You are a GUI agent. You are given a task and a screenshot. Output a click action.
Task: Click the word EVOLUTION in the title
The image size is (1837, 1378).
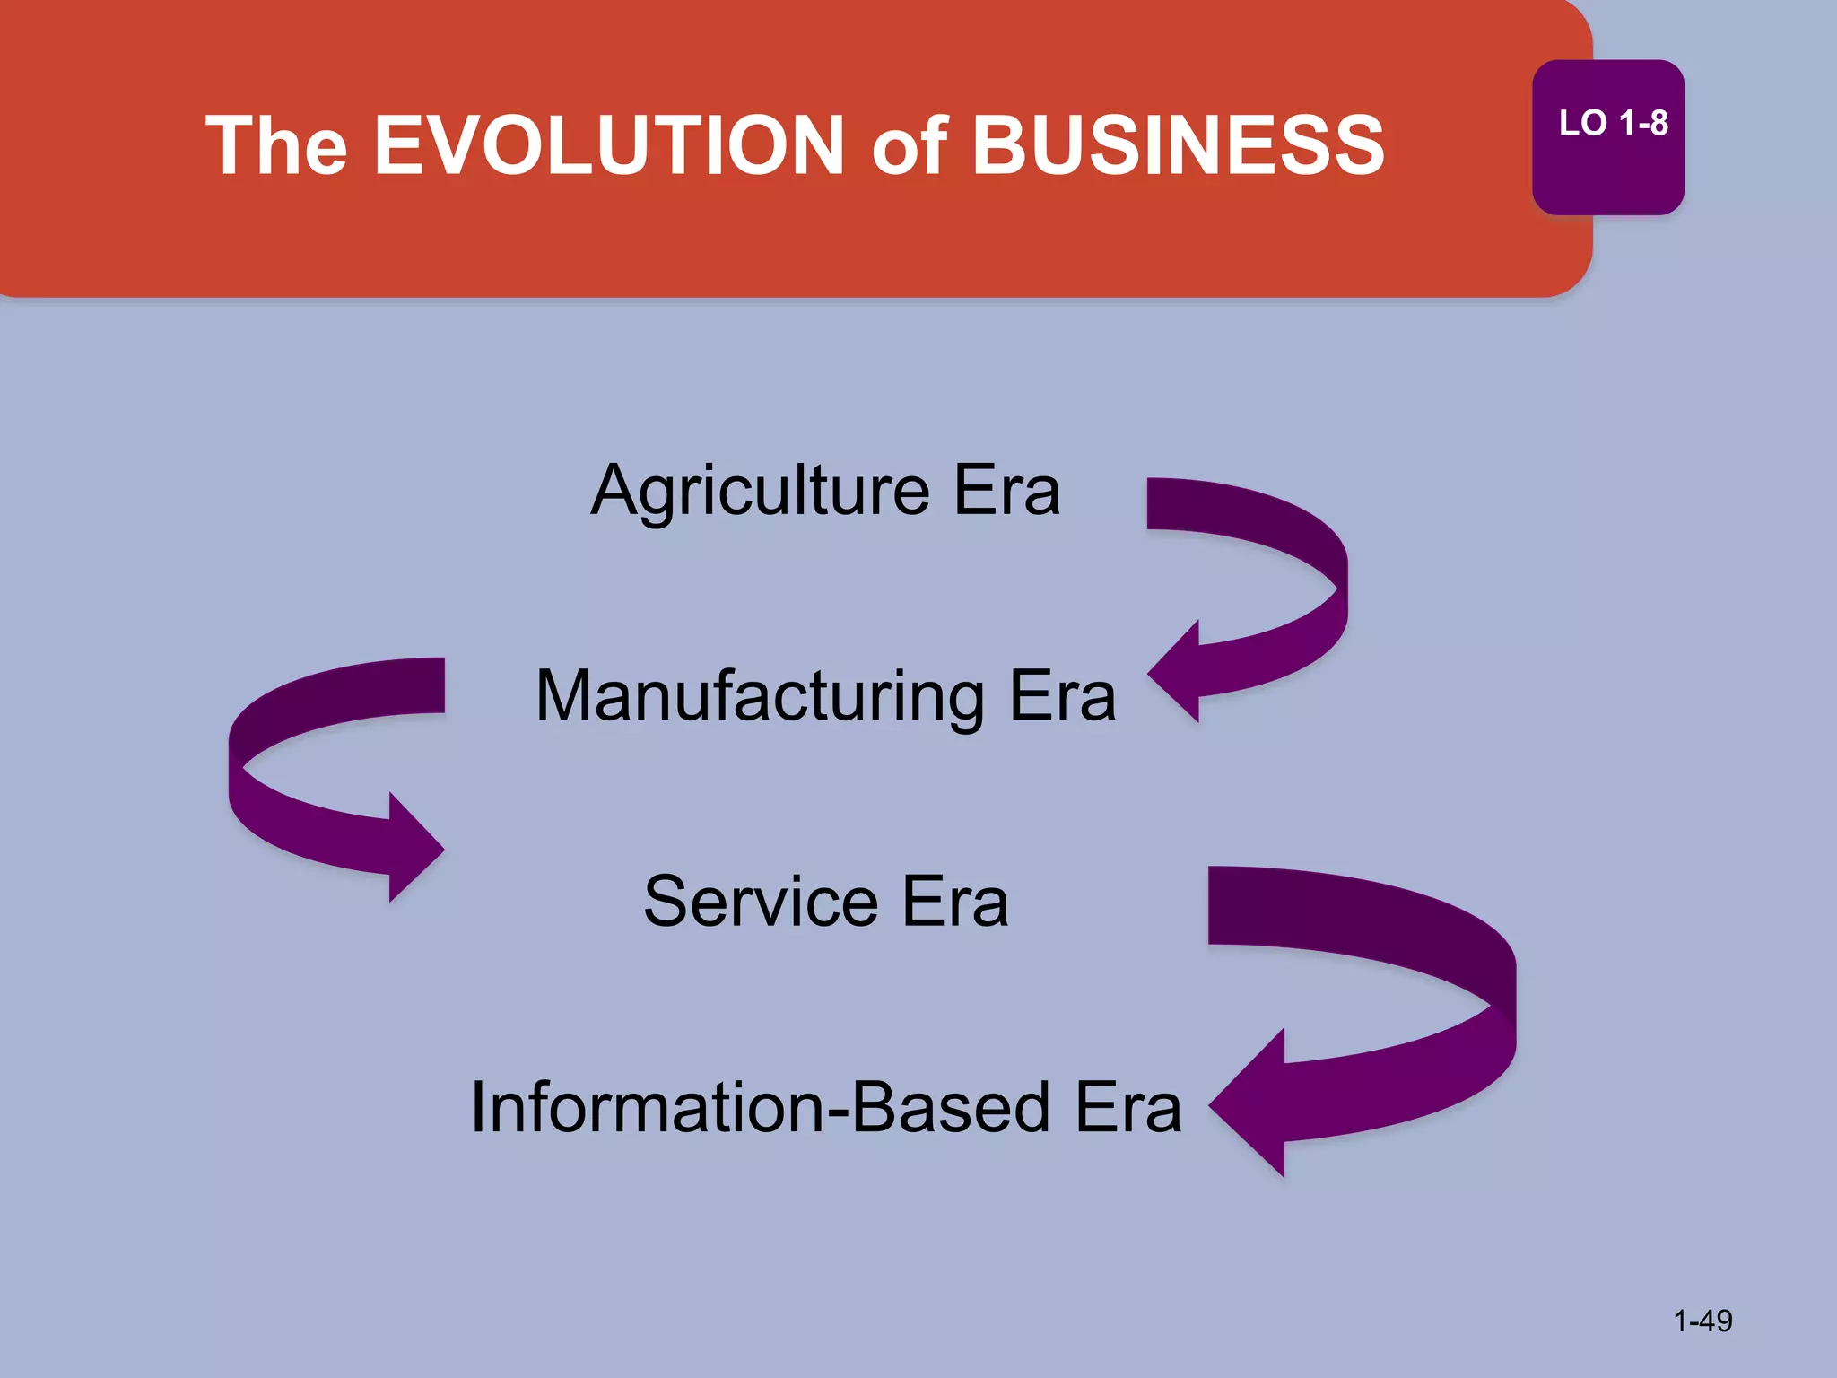pos(609,145)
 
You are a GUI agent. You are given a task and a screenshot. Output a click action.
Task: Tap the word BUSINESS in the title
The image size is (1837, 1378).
pos(1179,145)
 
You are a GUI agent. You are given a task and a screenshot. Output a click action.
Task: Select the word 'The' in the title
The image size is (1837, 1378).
pos(276,145)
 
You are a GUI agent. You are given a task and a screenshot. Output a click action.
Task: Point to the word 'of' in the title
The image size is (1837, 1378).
pos(909,147)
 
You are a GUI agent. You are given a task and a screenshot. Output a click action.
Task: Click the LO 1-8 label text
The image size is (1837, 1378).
pos(1613,124)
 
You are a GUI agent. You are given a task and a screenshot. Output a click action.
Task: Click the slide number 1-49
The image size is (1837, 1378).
pos(1702,1321)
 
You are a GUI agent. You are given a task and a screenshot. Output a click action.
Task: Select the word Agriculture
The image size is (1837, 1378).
pos(761,492)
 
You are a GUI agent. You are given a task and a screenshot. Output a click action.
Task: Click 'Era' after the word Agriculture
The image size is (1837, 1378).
pos(1006,491)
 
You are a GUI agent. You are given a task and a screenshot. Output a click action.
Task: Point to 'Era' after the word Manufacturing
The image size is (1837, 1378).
pos(1063,696)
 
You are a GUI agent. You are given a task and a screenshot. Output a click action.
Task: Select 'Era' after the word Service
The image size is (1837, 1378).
pos(955,902)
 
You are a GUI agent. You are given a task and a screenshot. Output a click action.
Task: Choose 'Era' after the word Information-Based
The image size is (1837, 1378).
pos(1128,1108)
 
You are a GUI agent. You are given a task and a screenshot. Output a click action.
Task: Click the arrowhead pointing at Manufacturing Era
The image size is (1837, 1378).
pos(1177,672)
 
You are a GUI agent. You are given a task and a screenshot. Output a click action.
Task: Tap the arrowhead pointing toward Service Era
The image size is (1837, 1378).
pos(414,847)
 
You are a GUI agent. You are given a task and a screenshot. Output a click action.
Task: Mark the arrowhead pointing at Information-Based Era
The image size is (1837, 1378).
pos(1251,1103)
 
